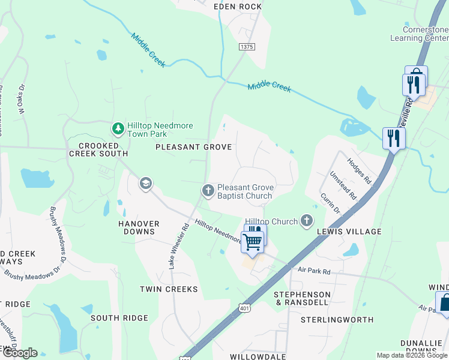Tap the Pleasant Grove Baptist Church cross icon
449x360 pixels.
(208, 190)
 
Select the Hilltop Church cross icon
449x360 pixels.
(307, 221)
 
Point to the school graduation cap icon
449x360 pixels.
(145, 183)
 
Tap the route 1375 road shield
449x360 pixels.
(246, 47)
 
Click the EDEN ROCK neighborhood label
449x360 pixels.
(238, 7)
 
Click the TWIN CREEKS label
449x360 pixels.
(169, 289)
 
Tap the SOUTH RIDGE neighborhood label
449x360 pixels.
(119, 317)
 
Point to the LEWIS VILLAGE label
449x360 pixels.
(353, 232)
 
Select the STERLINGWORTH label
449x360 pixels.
(337, 320)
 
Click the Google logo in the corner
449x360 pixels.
(19, 353)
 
